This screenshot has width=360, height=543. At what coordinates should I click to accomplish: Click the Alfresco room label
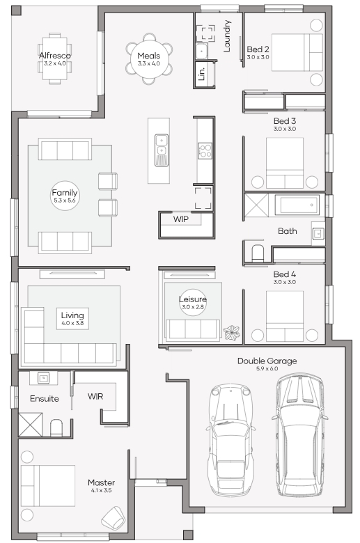[x=55, y=56]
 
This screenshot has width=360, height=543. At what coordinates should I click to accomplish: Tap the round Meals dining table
[x=148, y=58]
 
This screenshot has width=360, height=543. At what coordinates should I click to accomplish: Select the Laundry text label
[x=227, y=36]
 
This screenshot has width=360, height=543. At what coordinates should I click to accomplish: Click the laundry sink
[x=201, y=52]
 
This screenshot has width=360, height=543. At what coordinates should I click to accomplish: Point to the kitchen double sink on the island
[x=162, y=150]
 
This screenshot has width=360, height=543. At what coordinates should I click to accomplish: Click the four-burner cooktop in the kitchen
[x=205, y=151]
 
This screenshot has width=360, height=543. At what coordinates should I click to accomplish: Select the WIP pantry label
[x=181, y=219]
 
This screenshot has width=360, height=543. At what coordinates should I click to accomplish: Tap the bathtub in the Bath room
[x=297, y=205]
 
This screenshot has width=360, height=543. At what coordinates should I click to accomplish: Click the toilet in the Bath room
[x=257, y=253]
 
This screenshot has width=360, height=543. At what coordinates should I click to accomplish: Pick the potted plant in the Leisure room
[x=231, y=333]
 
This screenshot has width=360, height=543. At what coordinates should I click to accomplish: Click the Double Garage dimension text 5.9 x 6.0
[x=267, y=368]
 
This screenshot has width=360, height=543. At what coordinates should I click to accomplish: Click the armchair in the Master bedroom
[x=114, y=518]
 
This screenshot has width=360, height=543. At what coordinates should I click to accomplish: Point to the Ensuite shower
[x=30, y=425]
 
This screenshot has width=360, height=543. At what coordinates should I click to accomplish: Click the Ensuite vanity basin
[x=43, y=378]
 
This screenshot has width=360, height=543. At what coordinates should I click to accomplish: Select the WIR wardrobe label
[x=95, y=396]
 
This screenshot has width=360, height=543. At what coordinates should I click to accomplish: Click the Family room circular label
[x=65, y=196]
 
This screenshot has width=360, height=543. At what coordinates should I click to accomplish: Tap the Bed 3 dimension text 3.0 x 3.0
[x=285, y=129]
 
